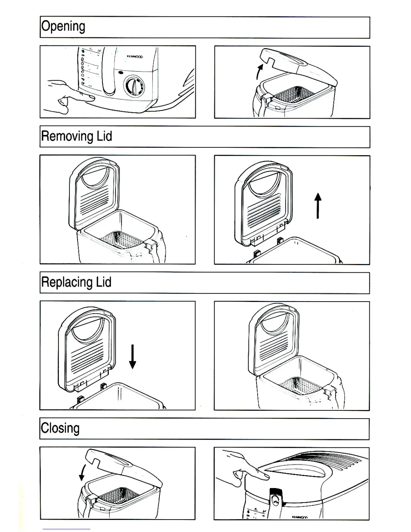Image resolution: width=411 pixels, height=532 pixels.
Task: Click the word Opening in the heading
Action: pos(63,27)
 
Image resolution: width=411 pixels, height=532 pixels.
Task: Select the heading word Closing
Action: pos(60,429)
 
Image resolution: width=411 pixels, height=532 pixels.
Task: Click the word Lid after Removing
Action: pos(104,136)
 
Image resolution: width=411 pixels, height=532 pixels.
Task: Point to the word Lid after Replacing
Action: pos(103,282)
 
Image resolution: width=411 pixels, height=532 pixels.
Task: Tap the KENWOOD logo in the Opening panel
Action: pos(135,57)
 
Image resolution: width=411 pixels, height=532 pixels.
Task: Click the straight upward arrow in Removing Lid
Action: pos(318,206)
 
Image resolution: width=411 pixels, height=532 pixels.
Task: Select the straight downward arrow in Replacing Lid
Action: pos(133,357)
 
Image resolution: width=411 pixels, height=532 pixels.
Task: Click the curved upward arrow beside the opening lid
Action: pos(259,72)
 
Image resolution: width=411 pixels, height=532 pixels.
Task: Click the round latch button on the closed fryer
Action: pos(275,501)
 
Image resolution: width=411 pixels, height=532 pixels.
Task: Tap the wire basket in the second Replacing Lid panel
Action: pos(299,385)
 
